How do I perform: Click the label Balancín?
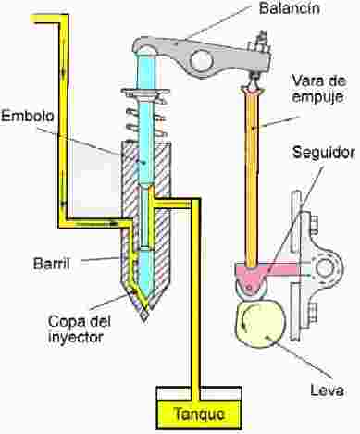[289, 7]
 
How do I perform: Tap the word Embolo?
[28, 117]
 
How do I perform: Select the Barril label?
[52, 264]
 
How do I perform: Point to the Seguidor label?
[324, 153]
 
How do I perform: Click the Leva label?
[327, 391]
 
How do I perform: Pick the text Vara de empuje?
[319, 89]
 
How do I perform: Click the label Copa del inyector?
[80, 329]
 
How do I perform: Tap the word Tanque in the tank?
[199, 414]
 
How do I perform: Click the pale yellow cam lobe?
[260, 325]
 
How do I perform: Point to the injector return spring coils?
[145, 123]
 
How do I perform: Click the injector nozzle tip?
[144, 316]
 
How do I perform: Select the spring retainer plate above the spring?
[145, 92]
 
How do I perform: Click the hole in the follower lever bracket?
[324, 267]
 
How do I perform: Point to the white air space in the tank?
[199, 393]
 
